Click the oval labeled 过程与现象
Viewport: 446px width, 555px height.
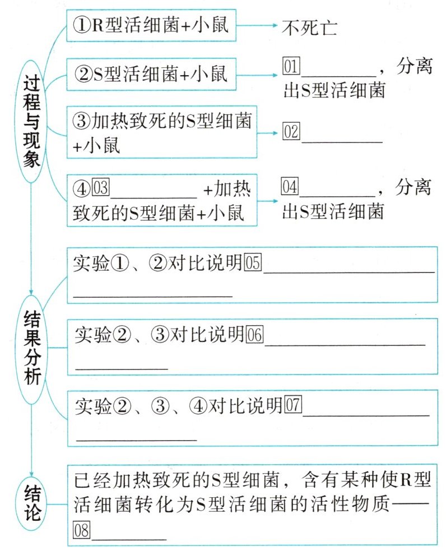tap(32, 121)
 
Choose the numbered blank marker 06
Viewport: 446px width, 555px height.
tap(254, 335)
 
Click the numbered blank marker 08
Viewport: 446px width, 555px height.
tap(82, 530)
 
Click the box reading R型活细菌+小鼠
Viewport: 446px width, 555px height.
tap(151, 26)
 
